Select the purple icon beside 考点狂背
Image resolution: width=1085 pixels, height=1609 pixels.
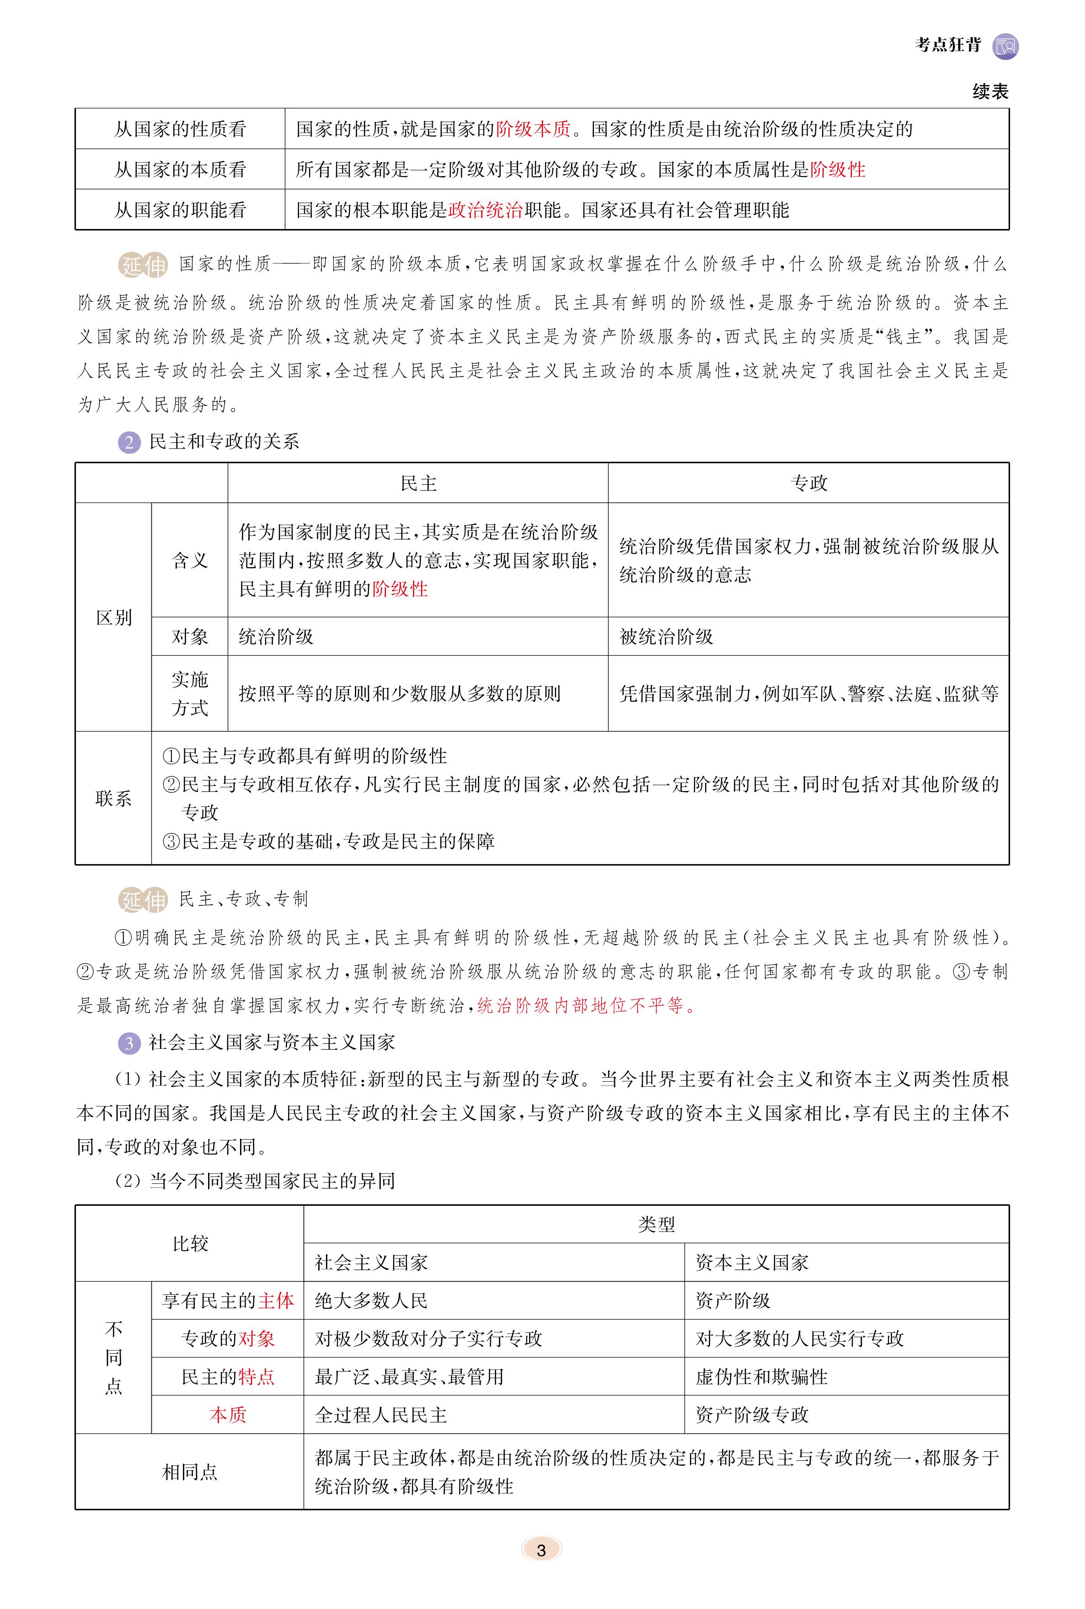1005,46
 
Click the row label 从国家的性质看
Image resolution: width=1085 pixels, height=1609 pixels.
180,129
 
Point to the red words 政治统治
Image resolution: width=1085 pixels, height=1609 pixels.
485,210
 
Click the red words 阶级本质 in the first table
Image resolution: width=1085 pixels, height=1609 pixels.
533,129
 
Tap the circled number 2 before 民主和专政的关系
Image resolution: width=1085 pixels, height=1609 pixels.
128,442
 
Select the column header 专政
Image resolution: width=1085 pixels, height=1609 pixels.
808,483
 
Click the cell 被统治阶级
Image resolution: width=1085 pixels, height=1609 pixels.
666,636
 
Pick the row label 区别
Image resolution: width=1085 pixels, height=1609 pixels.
113,617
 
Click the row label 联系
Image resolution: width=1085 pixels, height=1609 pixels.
113,799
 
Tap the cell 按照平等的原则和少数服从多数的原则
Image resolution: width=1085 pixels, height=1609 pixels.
399,694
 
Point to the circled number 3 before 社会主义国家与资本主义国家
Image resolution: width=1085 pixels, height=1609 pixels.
128,1043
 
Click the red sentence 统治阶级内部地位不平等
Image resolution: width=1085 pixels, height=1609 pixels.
585,1005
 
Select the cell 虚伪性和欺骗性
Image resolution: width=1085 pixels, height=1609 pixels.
761,1376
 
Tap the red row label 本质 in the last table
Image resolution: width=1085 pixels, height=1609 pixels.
228,1415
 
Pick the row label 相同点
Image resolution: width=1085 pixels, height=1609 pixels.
190,1472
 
